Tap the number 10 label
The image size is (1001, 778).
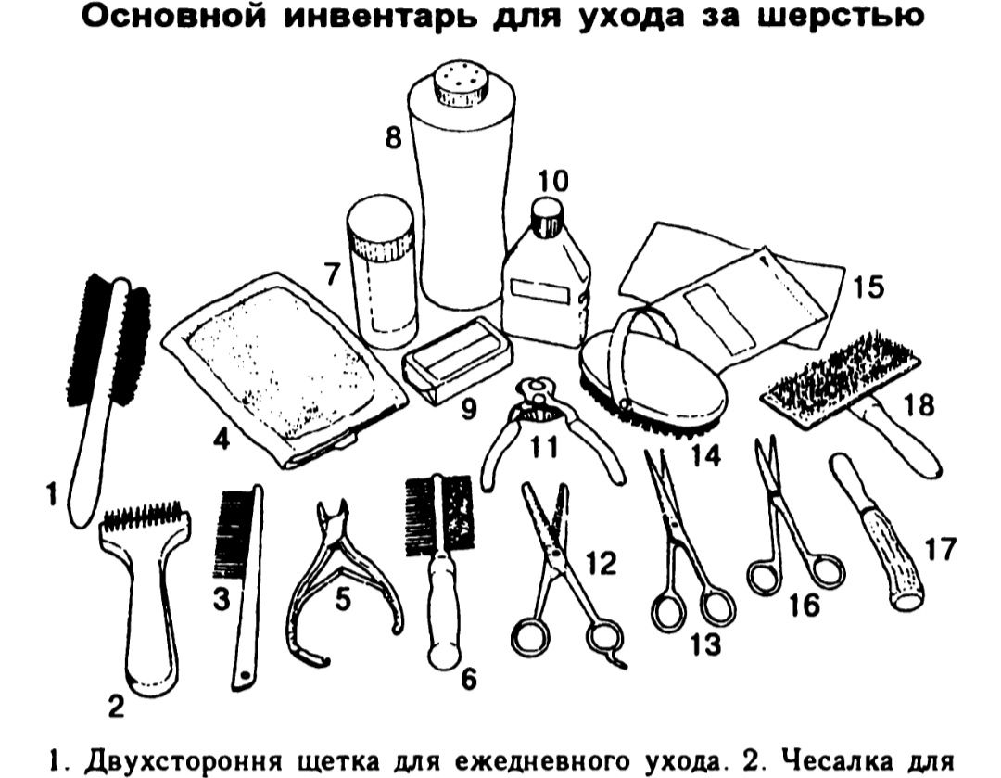[x=551, y=181]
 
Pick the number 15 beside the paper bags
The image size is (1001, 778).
[x=868, y=288]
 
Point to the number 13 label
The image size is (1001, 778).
[x=704, y=645]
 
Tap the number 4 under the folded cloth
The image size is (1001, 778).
[x=221, y=439]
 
